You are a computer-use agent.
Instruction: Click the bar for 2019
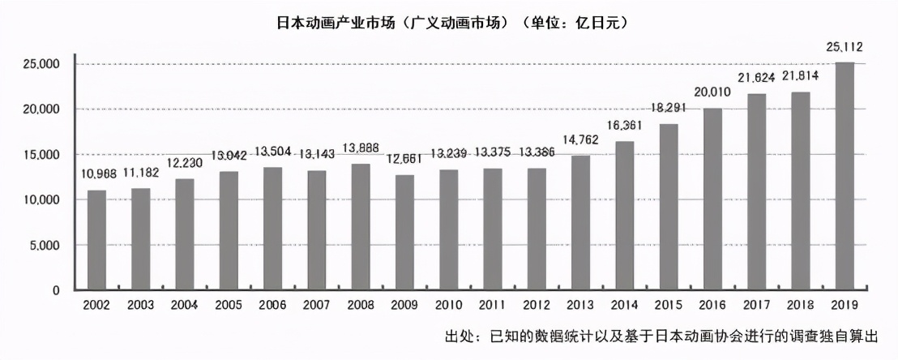(x=844, y=176)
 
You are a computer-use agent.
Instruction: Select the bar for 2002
(x=96, y=240)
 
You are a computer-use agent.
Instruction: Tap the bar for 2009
(x=404, y=233)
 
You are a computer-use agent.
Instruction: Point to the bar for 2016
(x=712, y=199)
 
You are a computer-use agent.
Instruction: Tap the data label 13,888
(x=361, y=148)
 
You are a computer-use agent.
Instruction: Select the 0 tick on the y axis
(x=57, y=290)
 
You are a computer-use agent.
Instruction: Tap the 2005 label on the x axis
(x=229, y=305)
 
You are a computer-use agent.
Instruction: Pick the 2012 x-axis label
(x=537, y=305)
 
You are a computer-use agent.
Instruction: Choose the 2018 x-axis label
(x=800, y=305)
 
